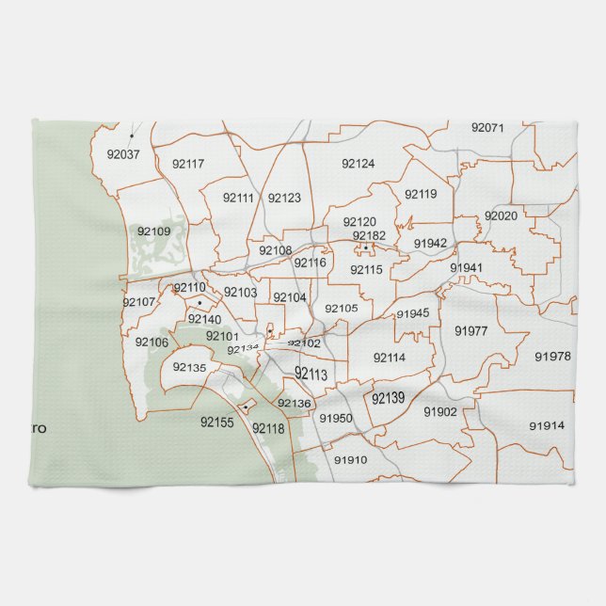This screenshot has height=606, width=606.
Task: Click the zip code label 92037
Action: pos(123,154)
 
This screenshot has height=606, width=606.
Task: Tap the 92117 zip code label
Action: pos(188,164)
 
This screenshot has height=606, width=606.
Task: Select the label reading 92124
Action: pos(358,164)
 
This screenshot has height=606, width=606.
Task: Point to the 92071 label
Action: pos(488,127)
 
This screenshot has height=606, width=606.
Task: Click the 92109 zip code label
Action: pos(153,231)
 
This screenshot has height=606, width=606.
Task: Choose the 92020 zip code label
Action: pos(501,215)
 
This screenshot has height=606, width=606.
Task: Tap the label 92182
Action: pos(369,235)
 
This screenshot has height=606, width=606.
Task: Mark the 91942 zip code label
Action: pos(430,243)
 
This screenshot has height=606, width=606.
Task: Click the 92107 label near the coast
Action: pos(138,302)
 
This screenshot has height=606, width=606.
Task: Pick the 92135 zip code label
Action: pos(189,367)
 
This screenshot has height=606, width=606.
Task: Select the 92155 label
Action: pos(216,423)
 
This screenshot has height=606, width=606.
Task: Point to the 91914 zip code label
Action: pos(547,425)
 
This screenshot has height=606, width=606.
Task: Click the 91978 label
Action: pos(552,356)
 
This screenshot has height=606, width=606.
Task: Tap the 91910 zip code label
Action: pos(350,460)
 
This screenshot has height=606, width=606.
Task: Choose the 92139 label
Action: pos(388,399)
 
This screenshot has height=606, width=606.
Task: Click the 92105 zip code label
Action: pos(342,308)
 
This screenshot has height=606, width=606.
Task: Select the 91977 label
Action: pos(470,330)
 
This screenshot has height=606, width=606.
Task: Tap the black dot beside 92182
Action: pos(365,247)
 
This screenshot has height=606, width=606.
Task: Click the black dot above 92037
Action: pos(132,136)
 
